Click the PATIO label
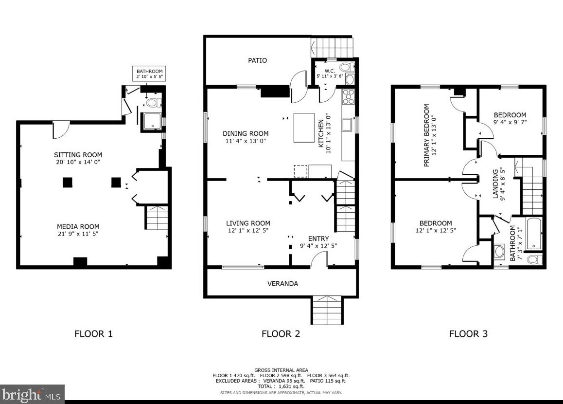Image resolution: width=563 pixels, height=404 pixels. (x=258, y=60)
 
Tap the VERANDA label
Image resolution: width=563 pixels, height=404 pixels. (x=282, y=284)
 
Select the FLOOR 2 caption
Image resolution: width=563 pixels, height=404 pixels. (x=281, y=334)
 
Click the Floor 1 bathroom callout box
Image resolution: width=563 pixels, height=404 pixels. (x=149, y=74)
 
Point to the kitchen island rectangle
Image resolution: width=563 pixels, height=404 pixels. (x=304, y=128)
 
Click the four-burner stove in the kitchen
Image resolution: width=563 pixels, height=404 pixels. (x=349, y=96)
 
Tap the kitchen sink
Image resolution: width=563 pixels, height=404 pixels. (x=347, y=125)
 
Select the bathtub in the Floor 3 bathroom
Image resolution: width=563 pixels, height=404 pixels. (x=534, y=234)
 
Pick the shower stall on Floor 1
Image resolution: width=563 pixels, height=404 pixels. (x=153, y=121)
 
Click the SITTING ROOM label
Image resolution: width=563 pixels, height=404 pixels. (x=78, y=155)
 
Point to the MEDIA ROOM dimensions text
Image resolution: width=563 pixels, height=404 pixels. (x=78, y=234)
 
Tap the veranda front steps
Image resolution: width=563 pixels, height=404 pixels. (x=327, y=311)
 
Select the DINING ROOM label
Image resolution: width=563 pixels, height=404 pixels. (x=246, y=133)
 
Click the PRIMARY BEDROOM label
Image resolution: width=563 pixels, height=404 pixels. (x=426, y=135)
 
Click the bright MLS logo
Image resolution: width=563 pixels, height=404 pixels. (x=32, y=395)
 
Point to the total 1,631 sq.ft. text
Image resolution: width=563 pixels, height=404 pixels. (x=281, y=386)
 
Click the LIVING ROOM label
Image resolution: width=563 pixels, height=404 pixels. (x=248, y=223)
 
